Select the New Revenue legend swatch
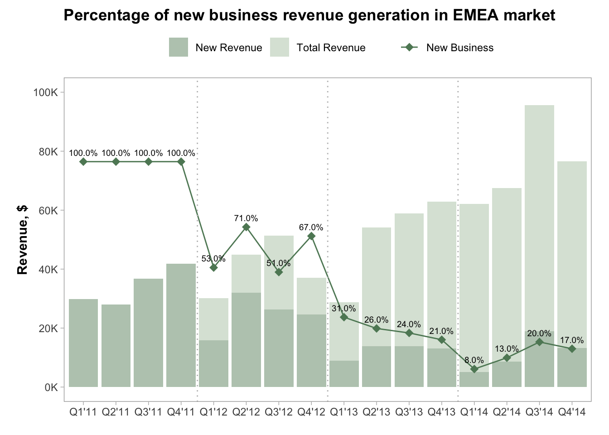pyautogui.click(x=178, y=48)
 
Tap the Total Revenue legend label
pyautogui.click(x=331, y=48)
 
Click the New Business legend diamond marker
pyautogui.click(x=409, y=47)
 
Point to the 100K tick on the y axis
pyautogui.click(x=46, y=92)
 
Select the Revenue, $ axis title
pyautogui.click(x=22, y=240)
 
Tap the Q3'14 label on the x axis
pyautogui.click(x=539, y=412)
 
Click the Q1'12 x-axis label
pyautogui.click(x=213, y=412)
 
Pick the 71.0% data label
pyautogui.click(x=246, y=218)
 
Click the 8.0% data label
pyautogui.click(x=474, y=360)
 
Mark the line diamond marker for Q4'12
pyautogui.click(x=311, y=236)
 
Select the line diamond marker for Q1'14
pyautogui.click(x=474, y=369)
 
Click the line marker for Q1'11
pyautogui.click(x=83, y=162)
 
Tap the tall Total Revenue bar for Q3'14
pyautogui.click(x=539, y=204)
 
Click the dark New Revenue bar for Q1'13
pyautogui.click(x=344, y=374)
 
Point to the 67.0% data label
pyautogui.click(x=311, y=227)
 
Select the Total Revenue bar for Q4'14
pyautogui.click(x=572, y=249)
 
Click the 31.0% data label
pyautogui.click(x=343, y=309)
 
